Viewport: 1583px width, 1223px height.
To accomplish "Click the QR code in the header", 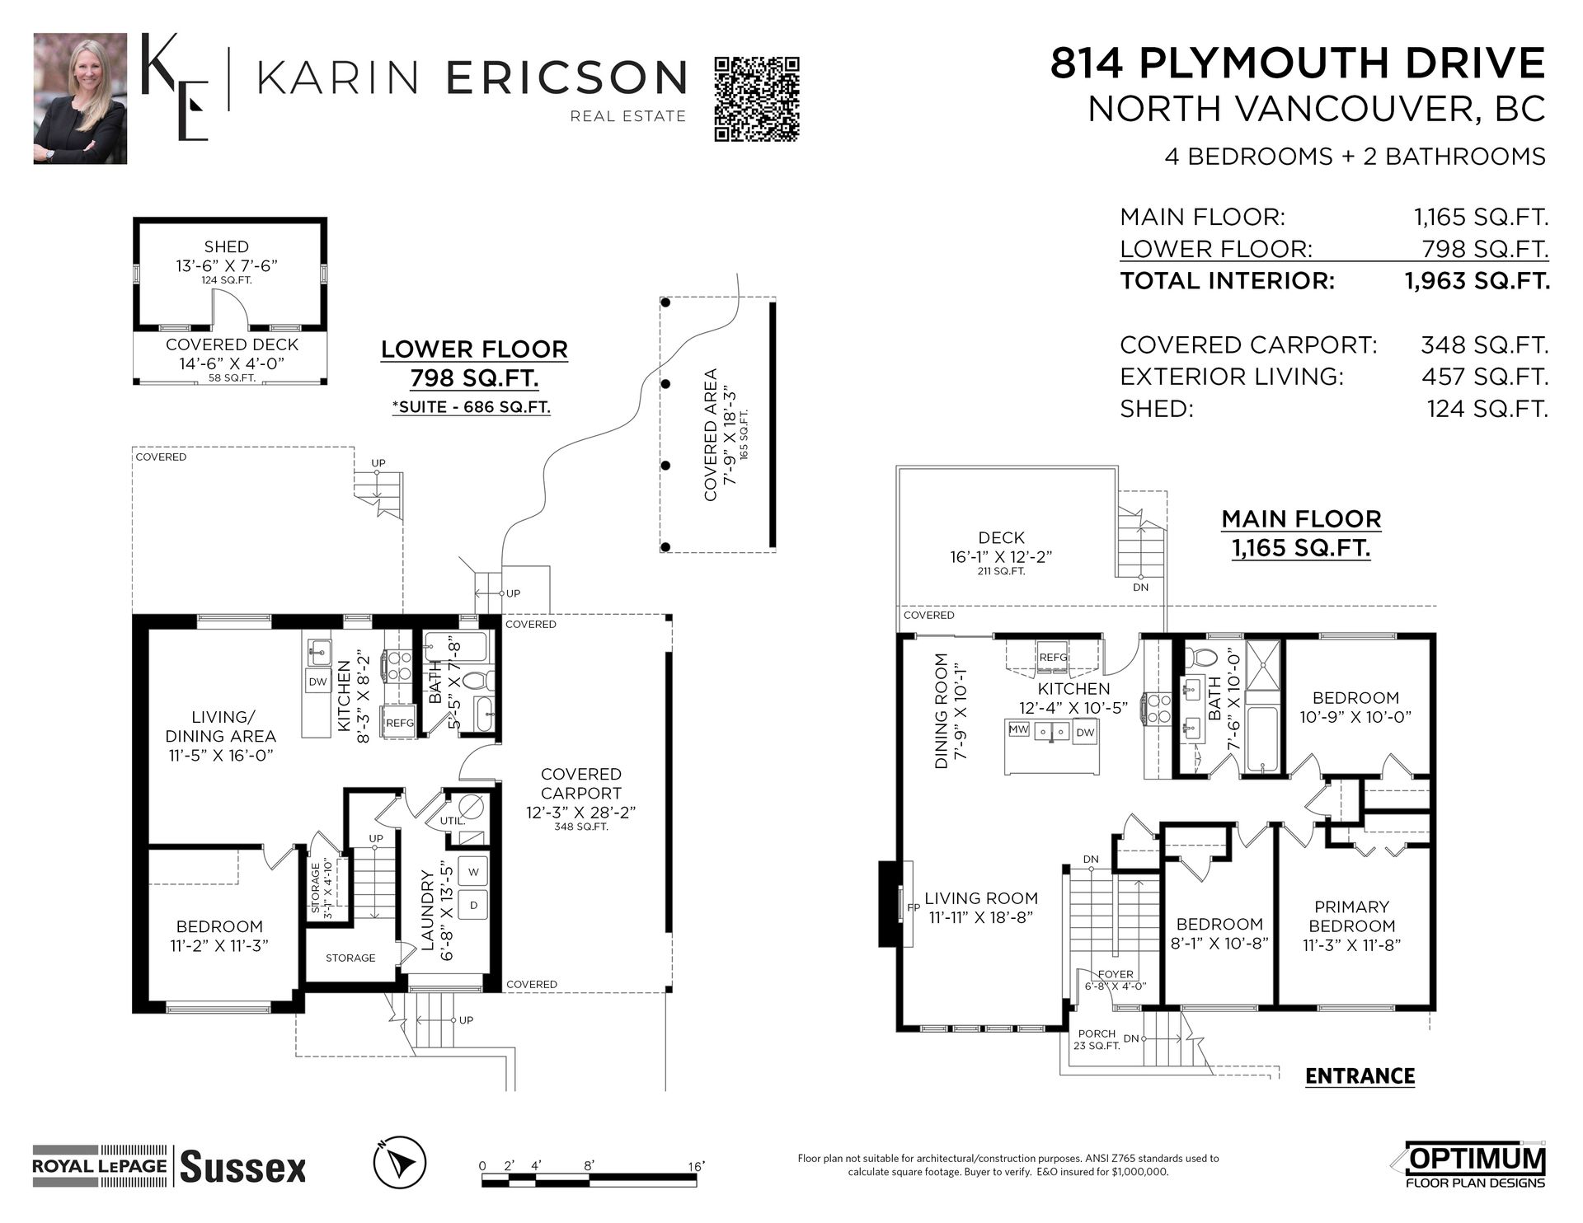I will coord(757,99).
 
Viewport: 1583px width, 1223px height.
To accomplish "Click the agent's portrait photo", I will coord(80,99).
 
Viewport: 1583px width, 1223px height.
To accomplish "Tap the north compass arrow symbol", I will coord(400,1162).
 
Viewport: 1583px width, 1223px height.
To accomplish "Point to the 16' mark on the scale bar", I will coord(697,1167).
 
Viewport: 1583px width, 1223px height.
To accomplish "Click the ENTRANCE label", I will coord(1360,1076).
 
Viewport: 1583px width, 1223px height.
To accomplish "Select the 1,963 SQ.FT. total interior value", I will coord(1477,281).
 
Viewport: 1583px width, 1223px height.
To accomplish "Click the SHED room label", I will coord(226,246).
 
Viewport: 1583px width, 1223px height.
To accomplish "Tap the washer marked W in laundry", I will coord(473,872).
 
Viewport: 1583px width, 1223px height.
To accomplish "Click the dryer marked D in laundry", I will coord(473,905).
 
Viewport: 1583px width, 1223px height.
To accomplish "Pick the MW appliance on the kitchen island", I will coord(1019,729).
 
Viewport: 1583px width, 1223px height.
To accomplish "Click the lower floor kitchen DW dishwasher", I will coord(317,682).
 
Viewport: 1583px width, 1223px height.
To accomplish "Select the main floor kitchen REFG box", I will coord(1053,658).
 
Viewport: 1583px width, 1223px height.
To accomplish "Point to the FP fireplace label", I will coord(913,907).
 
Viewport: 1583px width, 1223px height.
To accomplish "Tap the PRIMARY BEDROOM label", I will coord(1351,916).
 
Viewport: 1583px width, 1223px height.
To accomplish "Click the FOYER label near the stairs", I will coord(1115,974).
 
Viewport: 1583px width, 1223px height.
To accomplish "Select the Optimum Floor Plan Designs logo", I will coord(1475,1164).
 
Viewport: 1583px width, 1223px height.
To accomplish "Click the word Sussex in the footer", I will coord(242,1168).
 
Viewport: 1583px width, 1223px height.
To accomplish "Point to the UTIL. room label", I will coord(452,821).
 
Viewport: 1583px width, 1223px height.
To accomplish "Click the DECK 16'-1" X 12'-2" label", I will coord(1001,547).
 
